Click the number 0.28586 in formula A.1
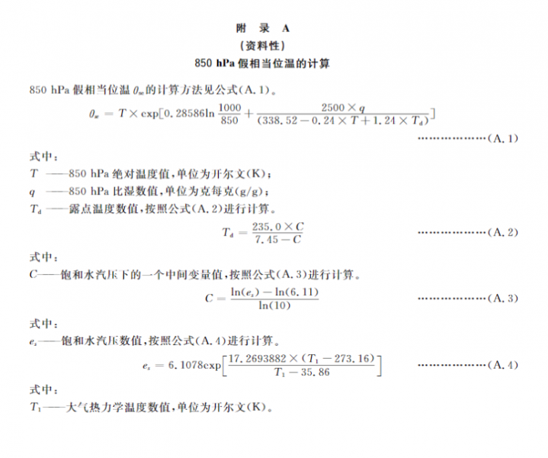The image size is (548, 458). tap(184, 113)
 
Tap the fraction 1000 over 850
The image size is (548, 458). tap(229, 113)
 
